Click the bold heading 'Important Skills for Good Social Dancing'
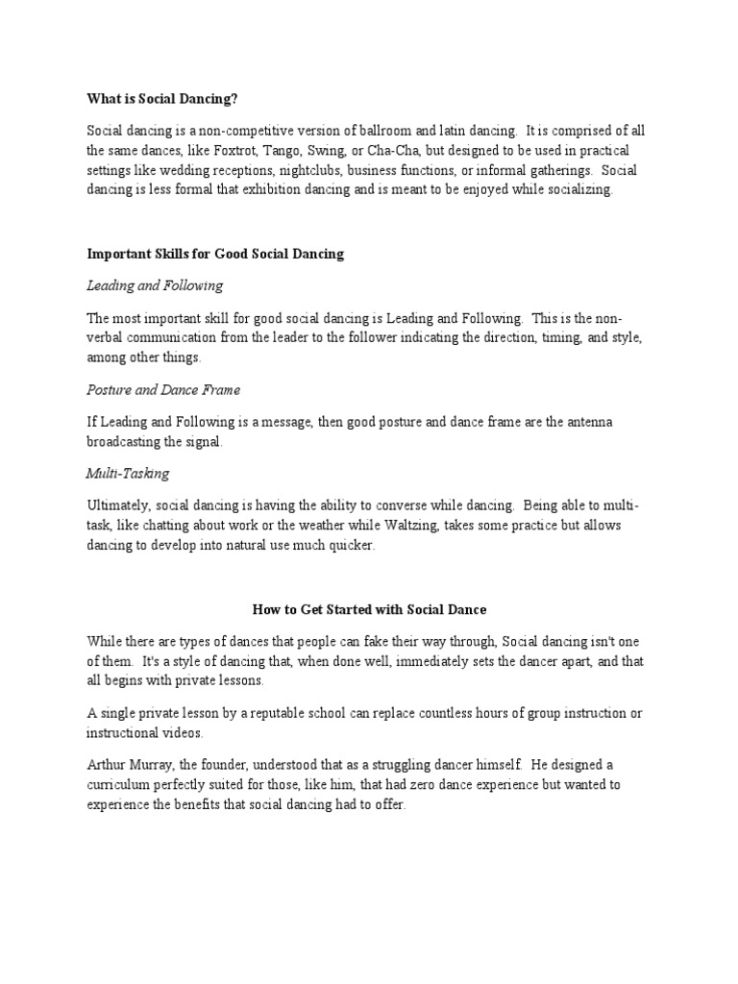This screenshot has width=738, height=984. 215,255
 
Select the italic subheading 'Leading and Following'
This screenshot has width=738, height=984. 155,285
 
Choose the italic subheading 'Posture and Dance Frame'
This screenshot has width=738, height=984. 163,390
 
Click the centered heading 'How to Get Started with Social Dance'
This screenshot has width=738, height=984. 369,609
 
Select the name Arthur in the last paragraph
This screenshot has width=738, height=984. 108,766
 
